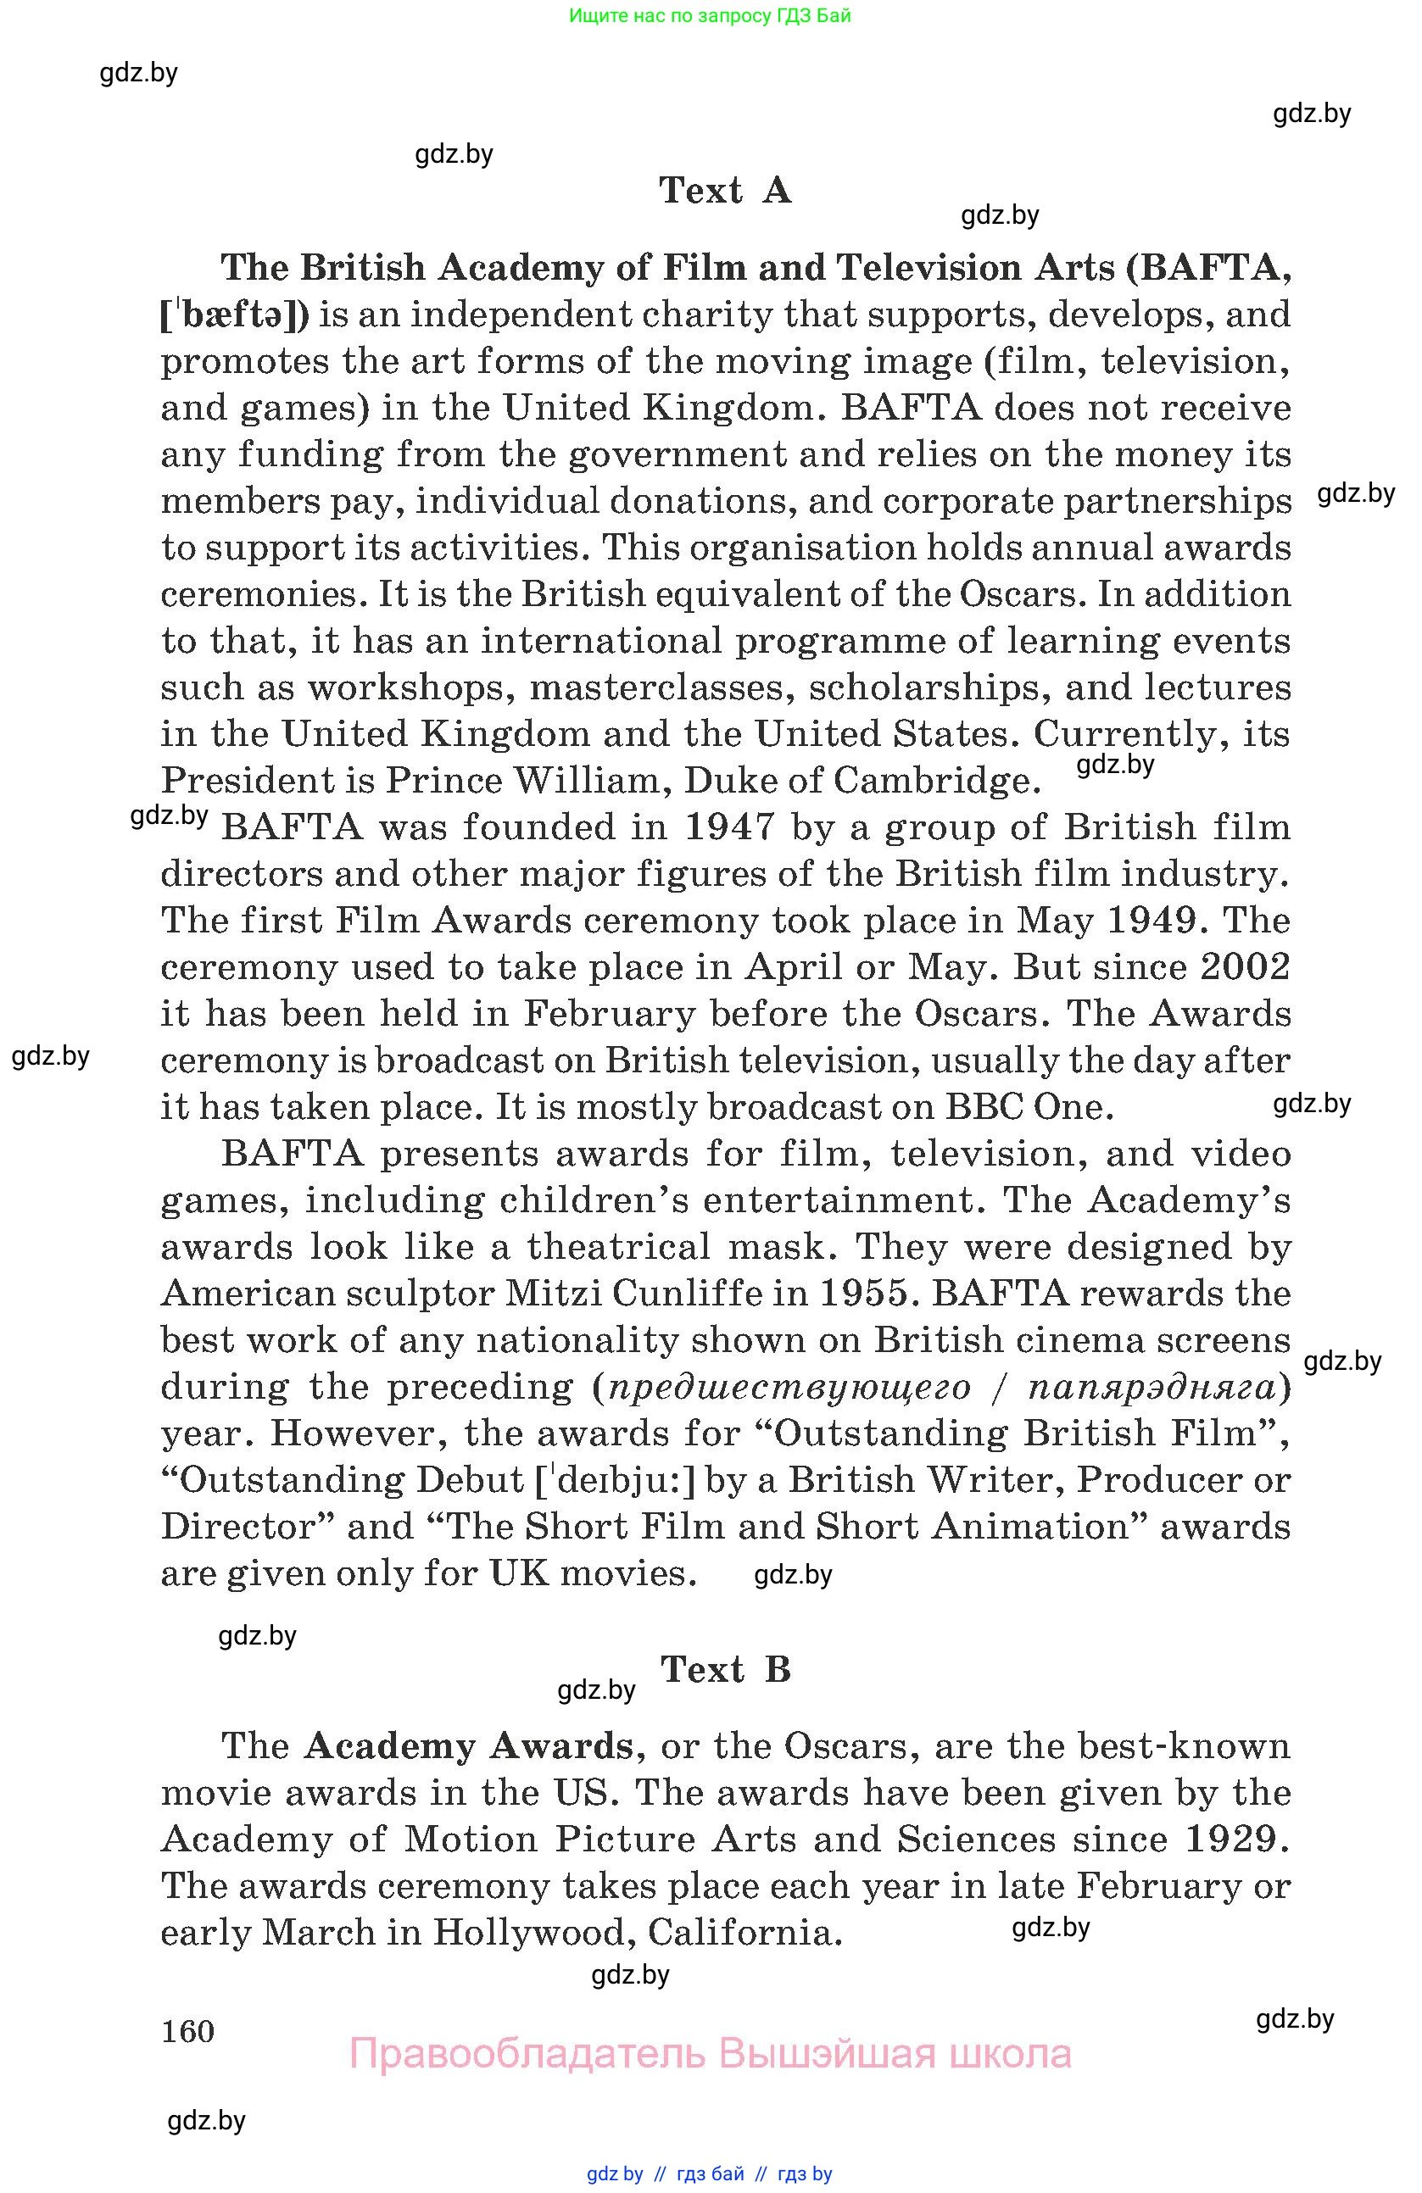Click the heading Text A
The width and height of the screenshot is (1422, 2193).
[x=724, y=191]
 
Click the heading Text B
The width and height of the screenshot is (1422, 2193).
[x=725, y=1670]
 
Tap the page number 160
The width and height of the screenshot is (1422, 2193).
[x=187, y=2031]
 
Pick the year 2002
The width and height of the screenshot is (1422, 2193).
[x=1245, y=966]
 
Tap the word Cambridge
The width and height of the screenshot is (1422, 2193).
[x=937, y=782]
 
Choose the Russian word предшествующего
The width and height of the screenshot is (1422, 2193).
[x=789, y=1387]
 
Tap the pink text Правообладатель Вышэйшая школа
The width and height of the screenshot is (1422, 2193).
[x=710, y=2054]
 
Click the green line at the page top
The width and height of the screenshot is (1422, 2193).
[x=710, y=15]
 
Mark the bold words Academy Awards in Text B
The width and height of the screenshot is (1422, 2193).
[x=469, y=1746]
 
